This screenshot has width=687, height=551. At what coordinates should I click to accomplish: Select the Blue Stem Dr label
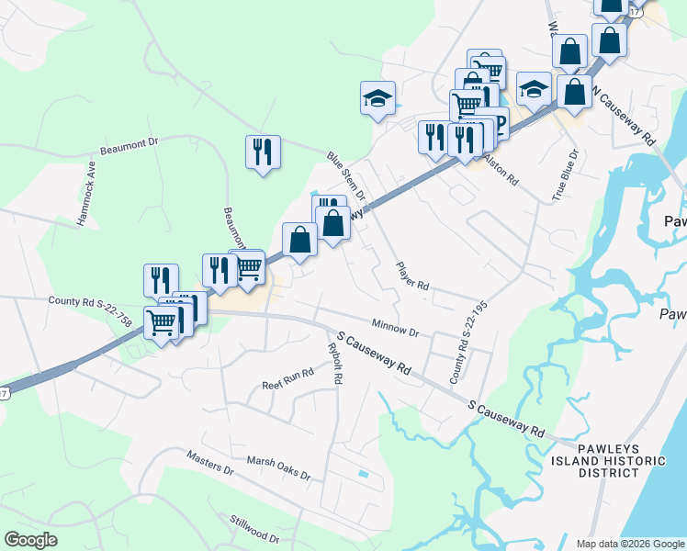coord(346,177)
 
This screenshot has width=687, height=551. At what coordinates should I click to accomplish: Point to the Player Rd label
coord(412,275)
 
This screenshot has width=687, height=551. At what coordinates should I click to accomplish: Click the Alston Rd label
coord(501,171)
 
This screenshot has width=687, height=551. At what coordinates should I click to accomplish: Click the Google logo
coord(30,540)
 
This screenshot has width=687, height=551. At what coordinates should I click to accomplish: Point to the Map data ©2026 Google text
coord(630,544)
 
